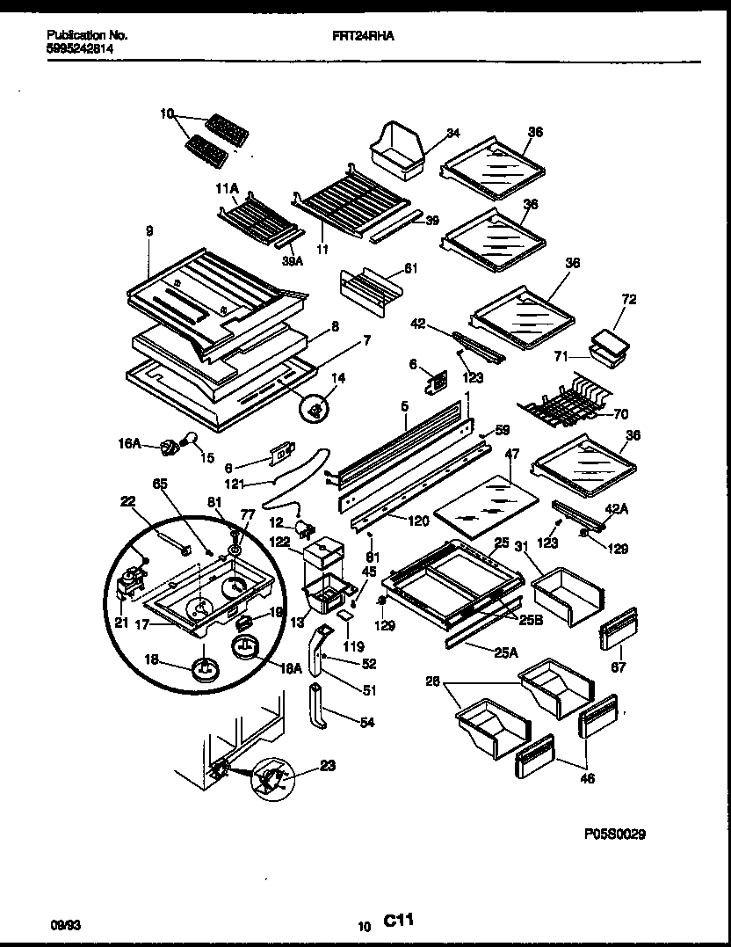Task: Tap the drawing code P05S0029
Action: coord(613,834)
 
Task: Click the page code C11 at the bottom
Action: coord(398,920)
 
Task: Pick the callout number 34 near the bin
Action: coord(452,134)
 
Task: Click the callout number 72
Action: coord(628,300)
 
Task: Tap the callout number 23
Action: coord(327,765)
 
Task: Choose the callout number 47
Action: coord(512,454)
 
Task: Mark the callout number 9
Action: coord(149,231)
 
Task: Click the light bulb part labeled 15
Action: coord(189,441)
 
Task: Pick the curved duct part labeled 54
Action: coord(320,708)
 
